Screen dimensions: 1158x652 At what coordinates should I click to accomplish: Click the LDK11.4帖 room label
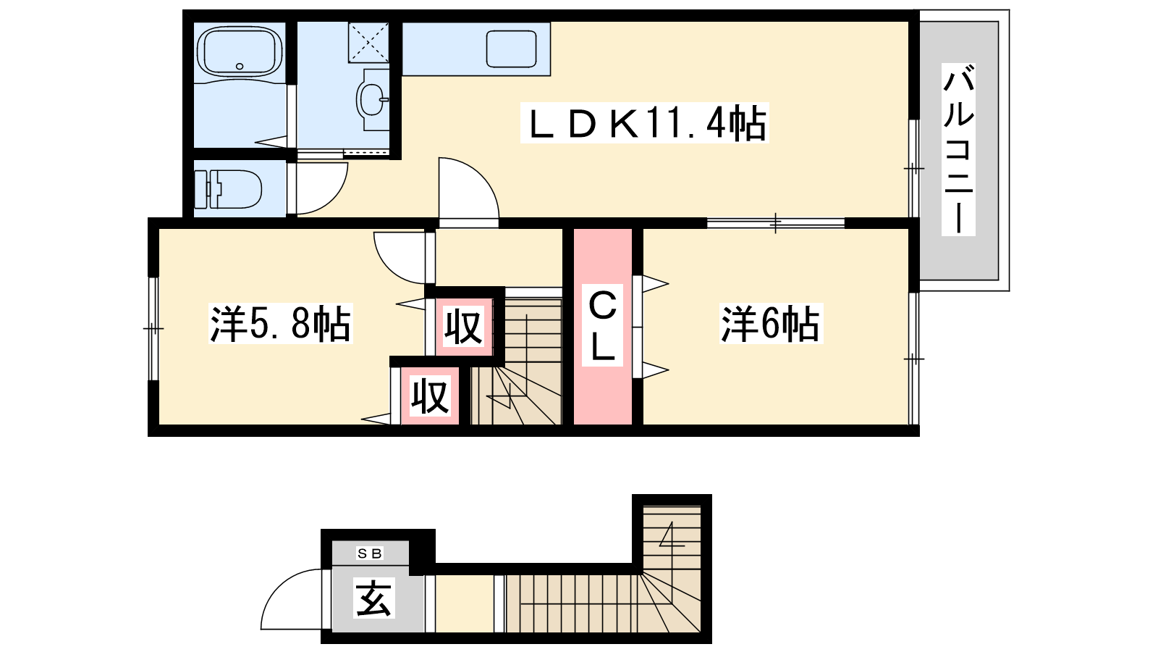click(645, 123)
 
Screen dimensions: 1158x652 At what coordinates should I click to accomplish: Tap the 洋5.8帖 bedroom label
click(280, 324)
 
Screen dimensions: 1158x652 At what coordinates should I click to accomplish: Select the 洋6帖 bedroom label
click(771, 324)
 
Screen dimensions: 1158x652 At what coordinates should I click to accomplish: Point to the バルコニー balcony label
click(958, 149)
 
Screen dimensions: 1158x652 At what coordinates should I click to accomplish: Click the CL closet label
click(602, 325)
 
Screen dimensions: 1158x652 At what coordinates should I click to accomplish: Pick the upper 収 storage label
click(464, 327)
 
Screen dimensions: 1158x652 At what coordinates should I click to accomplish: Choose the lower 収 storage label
click(430, 396)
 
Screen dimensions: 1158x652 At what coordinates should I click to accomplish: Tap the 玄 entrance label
click(373, 598)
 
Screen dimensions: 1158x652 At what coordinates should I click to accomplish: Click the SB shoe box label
click(370, 553)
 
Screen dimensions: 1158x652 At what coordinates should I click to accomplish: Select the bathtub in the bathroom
click(240, 51)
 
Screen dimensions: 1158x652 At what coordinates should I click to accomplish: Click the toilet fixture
click(227, 189)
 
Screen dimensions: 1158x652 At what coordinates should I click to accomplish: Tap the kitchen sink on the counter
click(511, 49)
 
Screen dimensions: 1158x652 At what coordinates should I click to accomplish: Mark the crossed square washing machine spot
click(368, 42)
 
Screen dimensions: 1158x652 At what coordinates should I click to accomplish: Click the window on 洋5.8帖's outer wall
click(153, 329)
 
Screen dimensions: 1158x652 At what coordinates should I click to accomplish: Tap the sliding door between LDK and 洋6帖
click(775, 223)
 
